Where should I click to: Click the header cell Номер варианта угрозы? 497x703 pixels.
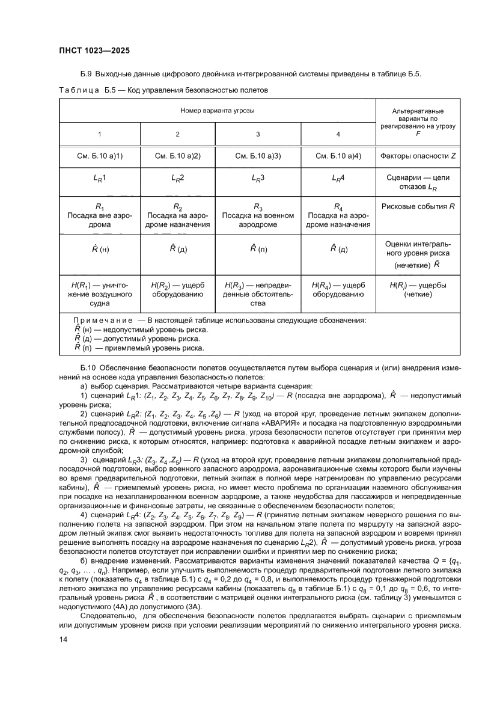[x=217, y=111]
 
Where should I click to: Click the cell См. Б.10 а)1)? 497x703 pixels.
[x=99, y=156]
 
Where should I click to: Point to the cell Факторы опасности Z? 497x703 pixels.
[x=418, y=156]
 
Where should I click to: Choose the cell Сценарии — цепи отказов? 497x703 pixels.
[x=418, y=182]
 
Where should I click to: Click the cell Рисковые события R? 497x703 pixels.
[x=418, y=207]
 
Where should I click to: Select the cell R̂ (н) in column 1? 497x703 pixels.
[x=99, y=248]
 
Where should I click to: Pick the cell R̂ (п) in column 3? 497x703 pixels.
[x=258, y=248]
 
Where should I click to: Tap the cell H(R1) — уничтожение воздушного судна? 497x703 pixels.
[x=99, y=294]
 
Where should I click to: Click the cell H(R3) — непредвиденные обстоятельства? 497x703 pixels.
[x=258, y=294]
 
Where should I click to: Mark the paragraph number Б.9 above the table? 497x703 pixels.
[x=86, y=74]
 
